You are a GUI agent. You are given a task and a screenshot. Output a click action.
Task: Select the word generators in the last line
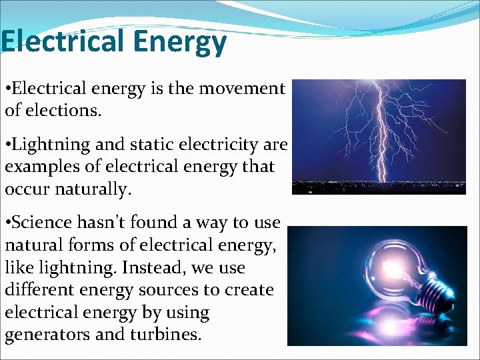click(47, 335)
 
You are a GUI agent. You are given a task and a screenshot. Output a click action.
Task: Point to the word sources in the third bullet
click(181, 290)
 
